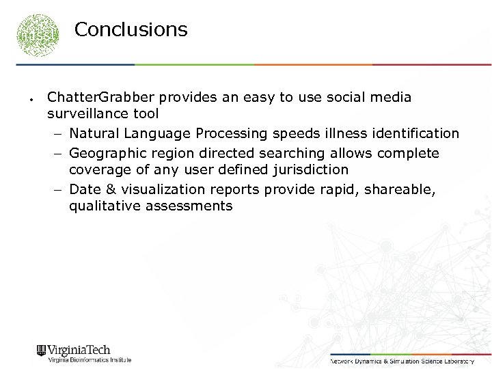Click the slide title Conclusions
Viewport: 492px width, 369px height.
pyautogui.click(x=131, y=30)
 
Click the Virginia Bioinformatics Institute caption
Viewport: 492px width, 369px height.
pyautogui.click(x=89, y=360)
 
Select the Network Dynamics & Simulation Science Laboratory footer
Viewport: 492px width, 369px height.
pyautogui.click(x=402, y=360)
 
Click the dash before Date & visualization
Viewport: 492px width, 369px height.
pyautogui.click(x=58, y=189)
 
